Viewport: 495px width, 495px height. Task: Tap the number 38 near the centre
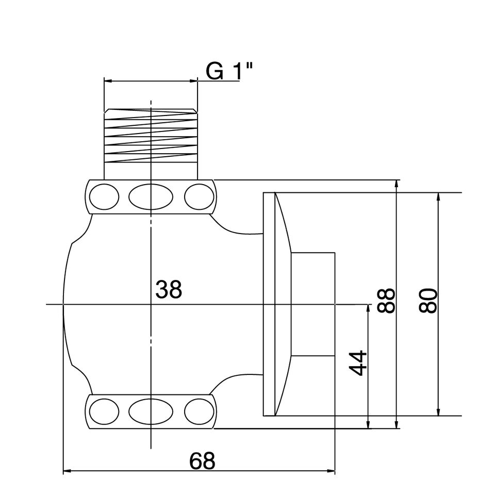[x=169, y=290]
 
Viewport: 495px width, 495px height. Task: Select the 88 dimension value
[x=386, y=301]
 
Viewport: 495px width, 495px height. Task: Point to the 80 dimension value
[x=428, y=301]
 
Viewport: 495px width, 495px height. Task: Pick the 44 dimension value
[x=358, y=363]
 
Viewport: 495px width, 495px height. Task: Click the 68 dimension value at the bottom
[x=202, y=461]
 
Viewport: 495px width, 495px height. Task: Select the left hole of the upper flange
[x=104, y=196]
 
